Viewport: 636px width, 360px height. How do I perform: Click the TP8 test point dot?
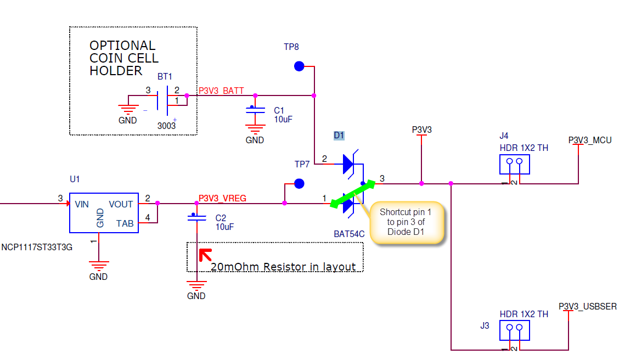pyautogui.click(x=299, y=66)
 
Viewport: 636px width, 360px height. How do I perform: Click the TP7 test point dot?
pyautogui.click(x=299, y=183)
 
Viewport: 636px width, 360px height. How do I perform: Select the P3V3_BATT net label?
pyautogui.click(x=221, y=91)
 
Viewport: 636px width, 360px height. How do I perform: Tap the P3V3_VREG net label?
pyautogui.click(x=223, y=199)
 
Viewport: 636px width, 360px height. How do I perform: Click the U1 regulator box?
pyautogui.click(x=103, y=212)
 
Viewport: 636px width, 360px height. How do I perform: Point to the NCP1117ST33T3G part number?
pyautogui.click(x=37, y=248)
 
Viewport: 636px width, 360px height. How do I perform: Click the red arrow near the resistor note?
pyautogui.click(x=205, y=255)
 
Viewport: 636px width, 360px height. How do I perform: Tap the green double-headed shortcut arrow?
pyautogui.click(x=353, y=194)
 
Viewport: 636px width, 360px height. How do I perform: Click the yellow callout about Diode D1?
pyautogui.click(x=406, y=222)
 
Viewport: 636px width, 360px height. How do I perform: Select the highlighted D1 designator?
pyautogui.click(x=339, y=135)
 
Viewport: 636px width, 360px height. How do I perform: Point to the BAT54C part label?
pyautogui.click(x=348, y=234)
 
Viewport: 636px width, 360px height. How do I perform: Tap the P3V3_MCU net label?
pyautogui.click(x=590, y=140)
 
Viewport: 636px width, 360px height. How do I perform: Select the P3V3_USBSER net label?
pyautogui.click(x=588, y=306)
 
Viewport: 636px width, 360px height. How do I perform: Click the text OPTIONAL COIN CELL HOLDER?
pyautogui.click(x=124, y=58)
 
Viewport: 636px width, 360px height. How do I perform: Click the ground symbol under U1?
pyautogui.click(x=99, y=266)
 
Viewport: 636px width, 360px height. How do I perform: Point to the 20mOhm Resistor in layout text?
pyautogui.click(x=283, y=267)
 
